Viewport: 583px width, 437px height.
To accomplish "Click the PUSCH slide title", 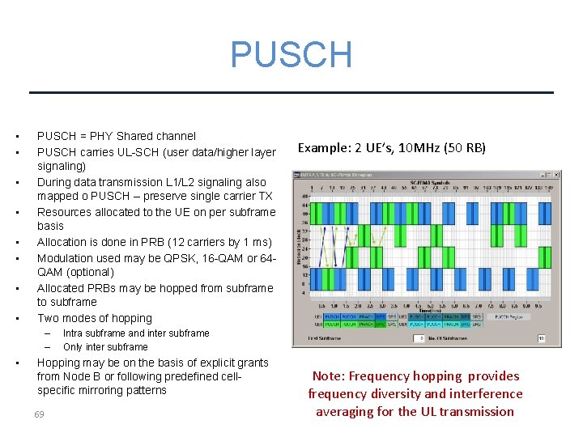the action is click(x=291, y=55).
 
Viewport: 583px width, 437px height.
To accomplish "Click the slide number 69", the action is click(x=39, y=414).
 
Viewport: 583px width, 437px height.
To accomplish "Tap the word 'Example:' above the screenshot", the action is click(x=323, y=147).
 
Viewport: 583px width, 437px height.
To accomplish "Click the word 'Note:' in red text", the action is click(x=330, y=375).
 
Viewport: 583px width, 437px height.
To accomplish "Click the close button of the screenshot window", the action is click(x=556, y=175).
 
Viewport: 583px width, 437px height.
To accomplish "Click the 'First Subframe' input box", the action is click(x=419, y=338).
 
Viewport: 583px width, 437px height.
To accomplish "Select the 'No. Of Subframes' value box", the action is click(x=541, y=338).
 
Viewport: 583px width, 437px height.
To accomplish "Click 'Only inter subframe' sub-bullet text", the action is click(x=105, y=346).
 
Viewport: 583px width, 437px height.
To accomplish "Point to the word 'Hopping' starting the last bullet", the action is click(x=59, y=363).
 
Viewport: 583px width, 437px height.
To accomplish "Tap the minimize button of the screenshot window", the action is click(x=540, y=175).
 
